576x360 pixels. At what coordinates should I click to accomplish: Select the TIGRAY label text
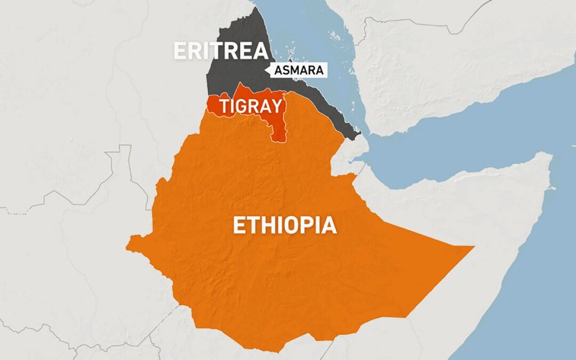[x=251, y=106]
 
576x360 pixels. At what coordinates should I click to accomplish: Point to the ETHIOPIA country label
[x=285, y=225]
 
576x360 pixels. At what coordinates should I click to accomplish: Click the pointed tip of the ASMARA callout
[x=267, y=70]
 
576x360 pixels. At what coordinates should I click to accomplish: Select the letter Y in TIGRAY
[x=275, y=106]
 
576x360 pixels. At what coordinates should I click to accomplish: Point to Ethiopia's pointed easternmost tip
[x=473, y=247]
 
